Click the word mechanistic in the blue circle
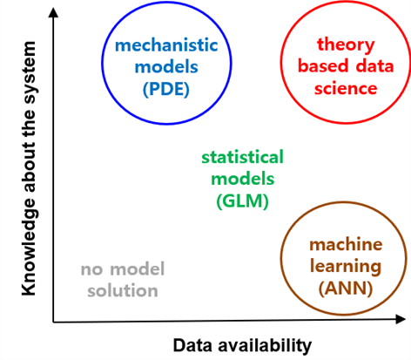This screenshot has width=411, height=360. [166, 45]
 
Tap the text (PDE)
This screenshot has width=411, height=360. [166, 89]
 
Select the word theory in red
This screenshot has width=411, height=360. [346, 45]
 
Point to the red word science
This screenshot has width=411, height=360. [346, 88]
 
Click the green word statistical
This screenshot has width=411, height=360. [242, 157]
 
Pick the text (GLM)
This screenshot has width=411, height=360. [243, 201]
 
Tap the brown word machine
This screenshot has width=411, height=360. [346, 245]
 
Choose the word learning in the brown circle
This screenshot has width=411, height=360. [346, 267]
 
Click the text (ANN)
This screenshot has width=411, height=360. [346, 289]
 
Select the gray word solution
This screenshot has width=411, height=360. [123, 290]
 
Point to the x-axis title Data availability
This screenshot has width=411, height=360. [242, 346]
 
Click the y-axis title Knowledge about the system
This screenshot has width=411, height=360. [29, 168]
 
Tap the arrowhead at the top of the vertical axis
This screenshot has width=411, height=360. [53, 12]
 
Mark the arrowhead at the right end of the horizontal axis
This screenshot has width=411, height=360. [401, 319]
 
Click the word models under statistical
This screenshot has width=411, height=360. [243, 179]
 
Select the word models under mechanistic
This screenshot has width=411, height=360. [166, 67]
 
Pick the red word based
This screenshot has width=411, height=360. [323, 66]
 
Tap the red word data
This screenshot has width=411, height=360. [374, 66]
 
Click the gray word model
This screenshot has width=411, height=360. [138, 268]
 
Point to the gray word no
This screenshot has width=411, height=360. [91, 270]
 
